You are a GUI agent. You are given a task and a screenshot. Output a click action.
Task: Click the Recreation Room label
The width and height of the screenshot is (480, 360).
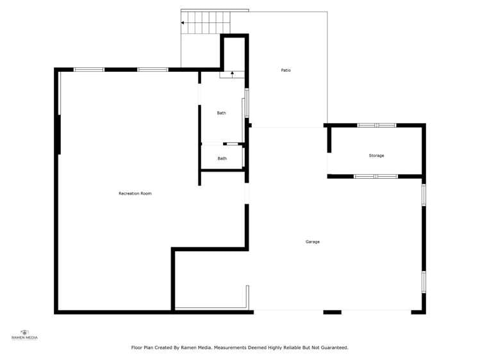tap(135, 193)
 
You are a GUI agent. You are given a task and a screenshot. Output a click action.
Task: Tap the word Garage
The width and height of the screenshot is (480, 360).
tap(312, 241)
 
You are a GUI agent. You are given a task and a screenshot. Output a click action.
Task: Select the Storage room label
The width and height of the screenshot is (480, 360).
tap(376, 156)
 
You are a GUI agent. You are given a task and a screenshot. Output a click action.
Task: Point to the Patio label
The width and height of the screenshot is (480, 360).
tap(286, 70)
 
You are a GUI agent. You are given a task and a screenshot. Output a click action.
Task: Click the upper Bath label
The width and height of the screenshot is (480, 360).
tap(221, 113)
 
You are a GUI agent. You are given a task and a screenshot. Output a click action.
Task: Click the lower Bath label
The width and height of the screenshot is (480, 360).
tap(222, 158)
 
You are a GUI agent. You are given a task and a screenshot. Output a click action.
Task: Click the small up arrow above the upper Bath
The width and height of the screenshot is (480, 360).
tap(232, 74)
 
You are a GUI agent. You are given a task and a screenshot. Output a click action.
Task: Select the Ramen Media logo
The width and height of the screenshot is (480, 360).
tap(24, 334)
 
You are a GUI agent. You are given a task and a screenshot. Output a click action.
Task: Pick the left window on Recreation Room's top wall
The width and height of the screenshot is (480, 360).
tap(89, 69)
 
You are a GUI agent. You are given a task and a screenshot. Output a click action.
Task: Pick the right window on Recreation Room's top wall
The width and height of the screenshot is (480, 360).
tap(153, 69)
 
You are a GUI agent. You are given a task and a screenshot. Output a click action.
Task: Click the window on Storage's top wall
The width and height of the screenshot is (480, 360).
tap(377, 125)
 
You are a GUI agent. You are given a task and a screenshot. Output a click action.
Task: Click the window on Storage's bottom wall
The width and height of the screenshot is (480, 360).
tap(376, 176)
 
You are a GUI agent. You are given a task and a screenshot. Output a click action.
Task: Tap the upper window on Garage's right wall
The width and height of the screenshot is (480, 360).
tap(424, 195)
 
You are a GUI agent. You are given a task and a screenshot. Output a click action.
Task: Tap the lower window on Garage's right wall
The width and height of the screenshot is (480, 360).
tap(424, 281)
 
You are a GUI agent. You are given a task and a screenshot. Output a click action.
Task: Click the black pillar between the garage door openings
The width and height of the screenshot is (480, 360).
tap(332, 312)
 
